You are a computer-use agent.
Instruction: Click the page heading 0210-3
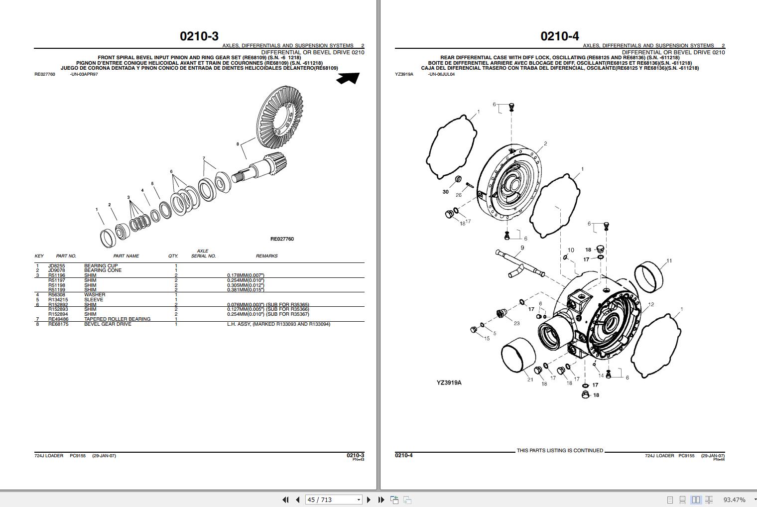(x=199, y=36)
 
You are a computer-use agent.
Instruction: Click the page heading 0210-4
(x=560, y=36)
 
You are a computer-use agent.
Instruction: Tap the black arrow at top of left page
(x=348, y=78)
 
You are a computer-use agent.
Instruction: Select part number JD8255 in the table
(x=56, y=266)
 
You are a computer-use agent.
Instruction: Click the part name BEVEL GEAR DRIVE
(x=108, y=324)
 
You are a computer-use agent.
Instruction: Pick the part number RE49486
(x=58, y=319)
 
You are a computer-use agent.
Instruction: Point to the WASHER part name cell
(x=95, y=295)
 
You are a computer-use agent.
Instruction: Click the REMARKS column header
(x=266, y=256)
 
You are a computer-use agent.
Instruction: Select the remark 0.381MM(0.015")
(x=246, y=290)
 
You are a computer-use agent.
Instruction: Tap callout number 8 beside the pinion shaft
(x=238, y=144)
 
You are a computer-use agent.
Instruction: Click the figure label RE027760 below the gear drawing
(x=282, y=239)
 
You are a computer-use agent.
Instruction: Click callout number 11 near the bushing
(x=669, y=260)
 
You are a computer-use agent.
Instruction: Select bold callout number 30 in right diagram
(x=445, y=192)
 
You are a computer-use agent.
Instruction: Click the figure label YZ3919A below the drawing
(x=449, y=383)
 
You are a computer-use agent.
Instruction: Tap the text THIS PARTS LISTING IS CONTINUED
(x=560, y=451)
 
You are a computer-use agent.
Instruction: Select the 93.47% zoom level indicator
(x=734, y=500)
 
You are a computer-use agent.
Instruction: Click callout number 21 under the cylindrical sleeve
(x=530, y=380)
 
